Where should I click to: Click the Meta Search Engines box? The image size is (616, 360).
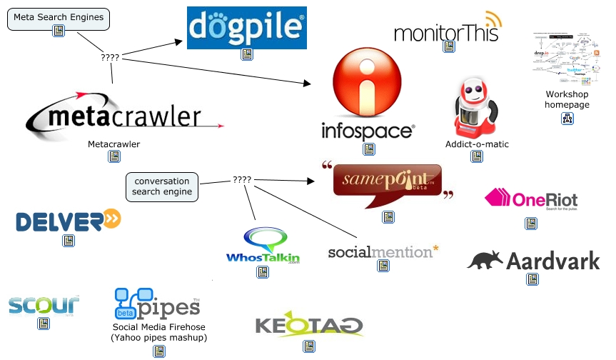[59, 16]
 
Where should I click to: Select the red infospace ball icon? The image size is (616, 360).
[368, 84]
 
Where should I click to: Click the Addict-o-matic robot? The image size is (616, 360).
[475, 107]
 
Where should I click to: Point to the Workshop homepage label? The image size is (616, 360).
[567, 99]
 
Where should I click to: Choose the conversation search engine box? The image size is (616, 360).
[161, 186]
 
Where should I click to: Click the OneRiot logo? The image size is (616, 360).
[531, 199]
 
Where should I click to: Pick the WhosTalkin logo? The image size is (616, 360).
[263, 247]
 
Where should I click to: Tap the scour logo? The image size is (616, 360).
[44, 305]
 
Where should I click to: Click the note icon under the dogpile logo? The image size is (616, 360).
[247, 54]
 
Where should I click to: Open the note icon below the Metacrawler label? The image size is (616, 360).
[113, 156]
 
